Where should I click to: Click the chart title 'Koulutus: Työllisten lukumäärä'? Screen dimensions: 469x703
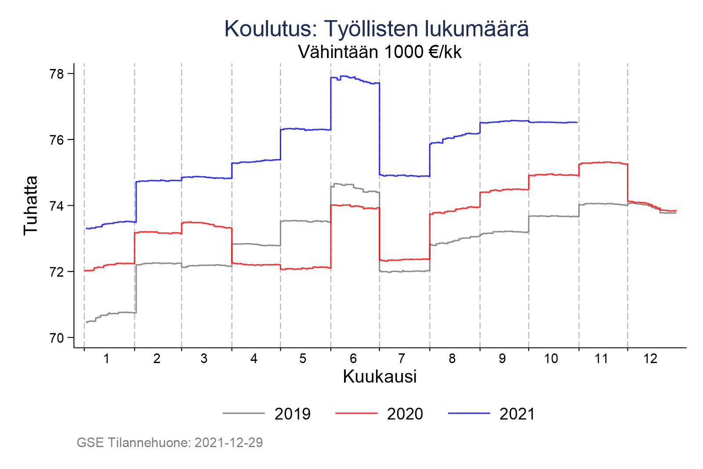pos(376,29)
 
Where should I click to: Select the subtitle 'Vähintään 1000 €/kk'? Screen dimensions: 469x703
pos(380,52)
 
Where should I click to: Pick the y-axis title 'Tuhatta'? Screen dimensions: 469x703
pos(31,206)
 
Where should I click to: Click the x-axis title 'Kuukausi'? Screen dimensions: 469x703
pos(380,377)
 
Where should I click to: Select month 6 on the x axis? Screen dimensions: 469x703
pos(353,359)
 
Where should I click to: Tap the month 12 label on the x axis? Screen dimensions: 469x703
pos(650,359)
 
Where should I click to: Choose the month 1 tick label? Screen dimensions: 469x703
pos(106,359)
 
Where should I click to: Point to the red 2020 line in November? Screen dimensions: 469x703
pos(602,162)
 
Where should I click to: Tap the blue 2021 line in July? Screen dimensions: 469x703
pos(404,176)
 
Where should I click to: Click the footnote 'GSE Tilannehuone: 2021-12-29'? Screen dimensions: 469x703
pos(170,443)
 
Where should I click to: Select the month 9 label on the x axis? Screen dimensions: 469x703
pos(502,359)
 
